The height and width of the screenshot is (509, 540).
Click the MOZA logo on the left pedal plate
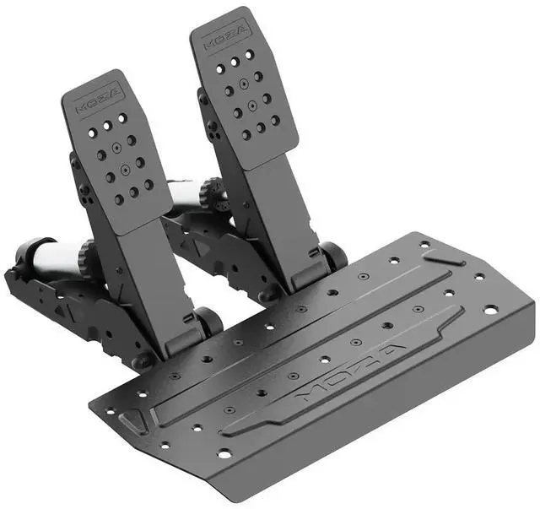click(x=99, y=100)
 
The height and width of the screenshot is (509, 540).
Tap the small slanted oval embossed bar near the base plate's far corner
click(x=444, y=257)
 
